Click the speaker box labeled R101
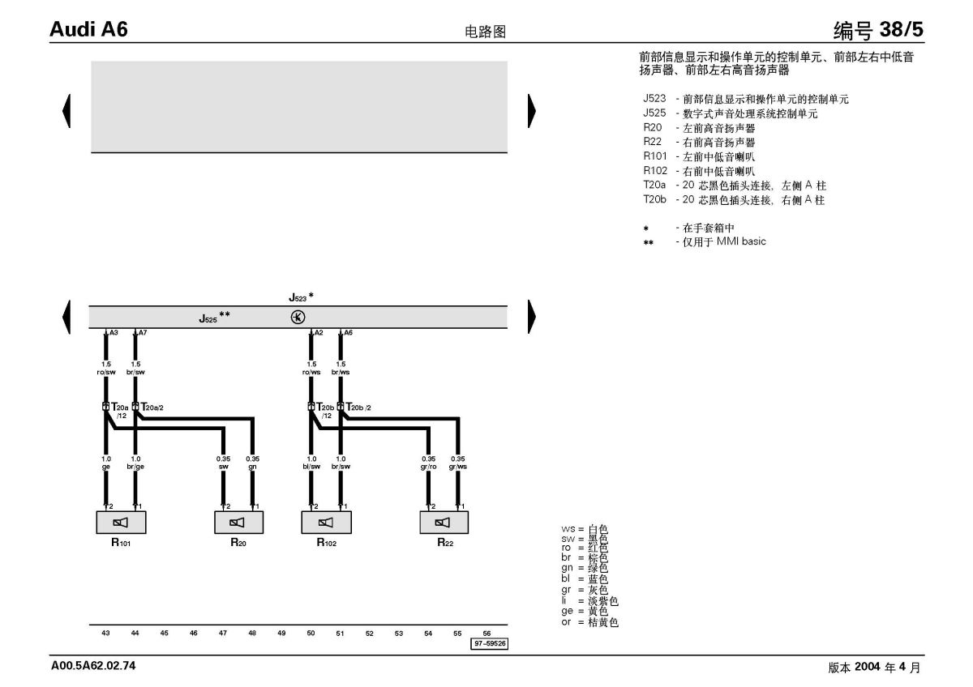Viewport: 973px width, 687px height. [121, 522]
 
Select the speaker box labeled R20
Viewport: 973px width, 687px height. [238, 522]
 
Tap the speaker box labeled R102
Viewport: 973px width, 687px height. [326, 522]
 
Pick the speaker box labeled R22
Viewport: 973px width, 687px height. [444, 522]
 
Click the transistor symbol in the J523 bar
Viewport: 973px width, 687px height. [298, 318]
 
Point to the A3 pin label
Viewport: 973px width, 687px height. [114, 333]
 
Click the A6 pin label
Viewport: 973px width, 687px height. [348, 333]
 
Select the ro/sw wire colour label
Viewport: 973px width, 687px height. [106, 373]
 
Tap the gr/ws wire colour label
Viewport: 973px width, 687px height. [458, 467]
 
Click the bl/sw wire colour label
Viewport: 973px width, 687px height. [311, 467]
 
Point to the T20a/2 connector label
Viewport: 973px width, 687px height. [152, 407]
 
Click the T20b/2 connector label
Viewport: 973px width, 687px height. [358, 407]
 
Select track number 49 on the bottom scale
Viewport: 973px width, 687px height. [281, 634]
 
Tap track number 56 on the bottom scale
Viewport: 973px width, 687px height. [486, 634]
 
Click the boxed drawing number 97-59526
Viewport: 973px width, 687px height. [490, 643]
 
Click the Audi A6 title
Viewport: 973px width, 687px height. [88, 29]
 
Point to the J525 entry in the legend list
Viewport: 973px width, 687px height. [731, 113]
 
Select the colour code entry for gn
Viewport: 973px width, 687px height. [585, 568]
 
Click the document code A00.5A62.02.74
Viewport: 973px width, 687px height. [93, 666]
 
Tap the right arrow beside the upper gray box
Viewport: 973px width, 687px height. [532, 111]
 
